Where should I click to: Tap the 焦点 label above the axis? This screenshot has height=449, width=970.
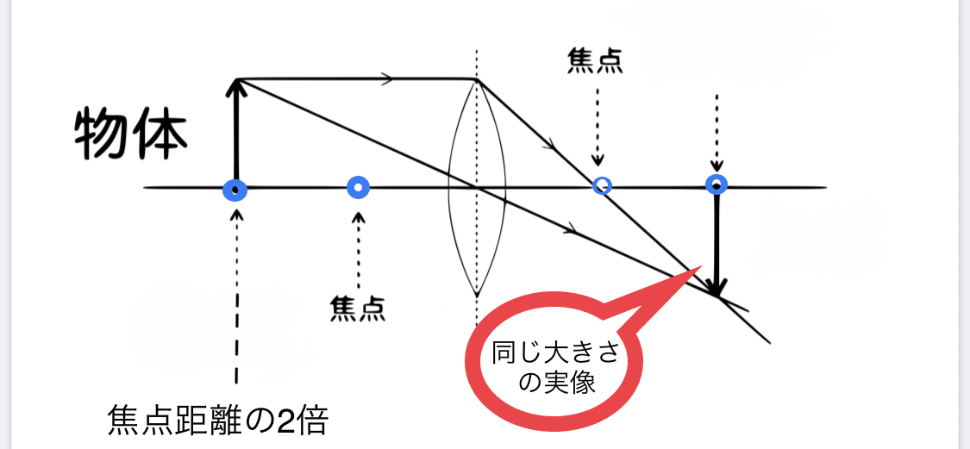point(595,60)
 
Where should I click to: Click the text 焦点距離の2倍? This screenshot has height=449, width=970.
point(218,421)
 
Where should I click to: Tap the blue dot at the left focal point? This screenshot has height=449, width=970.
point(358,187)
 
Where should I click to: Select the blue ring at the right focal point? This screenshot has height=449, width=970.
point(603,185)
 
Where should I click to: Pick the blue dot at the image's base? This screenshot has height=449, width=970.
point(716,184)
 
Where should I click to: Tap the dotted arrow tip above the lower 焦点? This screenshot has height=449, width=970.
point(358,215)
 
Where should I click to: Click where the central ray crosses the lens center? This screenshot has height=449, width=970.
point(477,187)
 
